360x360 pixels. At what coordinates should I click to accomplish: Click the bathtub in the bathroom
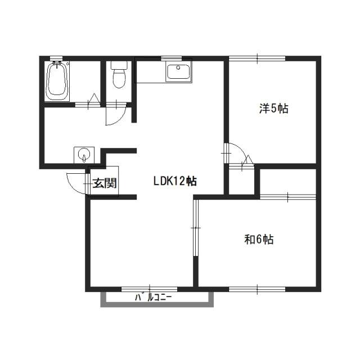[x=57, y=81]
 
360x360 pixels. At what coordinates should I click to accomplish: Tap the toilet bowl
[x=119, y=79]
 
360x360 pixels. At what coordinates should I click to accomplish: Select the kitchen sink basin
[x=178, y=71]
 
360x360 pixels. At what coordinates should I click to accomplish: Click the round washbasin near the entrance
[x=84, y=153]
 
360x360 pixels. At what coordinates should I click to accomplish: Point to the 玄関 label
[x=105, y=183]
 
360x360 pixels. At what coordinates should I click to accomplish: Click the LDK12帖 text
[x=175, y=181]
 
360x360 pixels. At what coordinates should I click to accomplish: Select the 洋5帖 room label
[x=274, y=109]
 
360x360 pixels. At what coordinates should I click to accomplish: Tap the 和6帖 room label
[x=259, y=239]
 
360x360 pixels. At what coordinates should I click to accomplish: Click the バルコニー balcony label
[x=153, y=298]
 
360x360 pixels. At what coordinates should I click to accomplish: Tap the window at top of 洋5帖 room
[x=257, y=58]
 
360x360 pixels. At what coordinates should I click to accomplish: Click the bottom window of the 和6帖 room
[x=257, y=289]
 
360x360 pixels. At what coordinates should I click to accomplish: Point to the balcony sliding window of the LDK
[x=149, y=289]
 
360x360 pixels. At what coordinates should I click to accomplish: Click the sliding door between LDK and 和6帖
[x=196, y=228]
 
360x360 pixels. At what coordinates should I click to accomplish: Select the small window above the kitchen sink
[x=171, y=58]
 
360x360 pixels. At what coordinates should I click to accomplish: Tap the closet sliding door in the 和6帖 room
[x=288, y=197]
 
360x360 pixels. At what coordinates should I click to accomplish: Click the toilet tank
[x=119, y=65]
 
